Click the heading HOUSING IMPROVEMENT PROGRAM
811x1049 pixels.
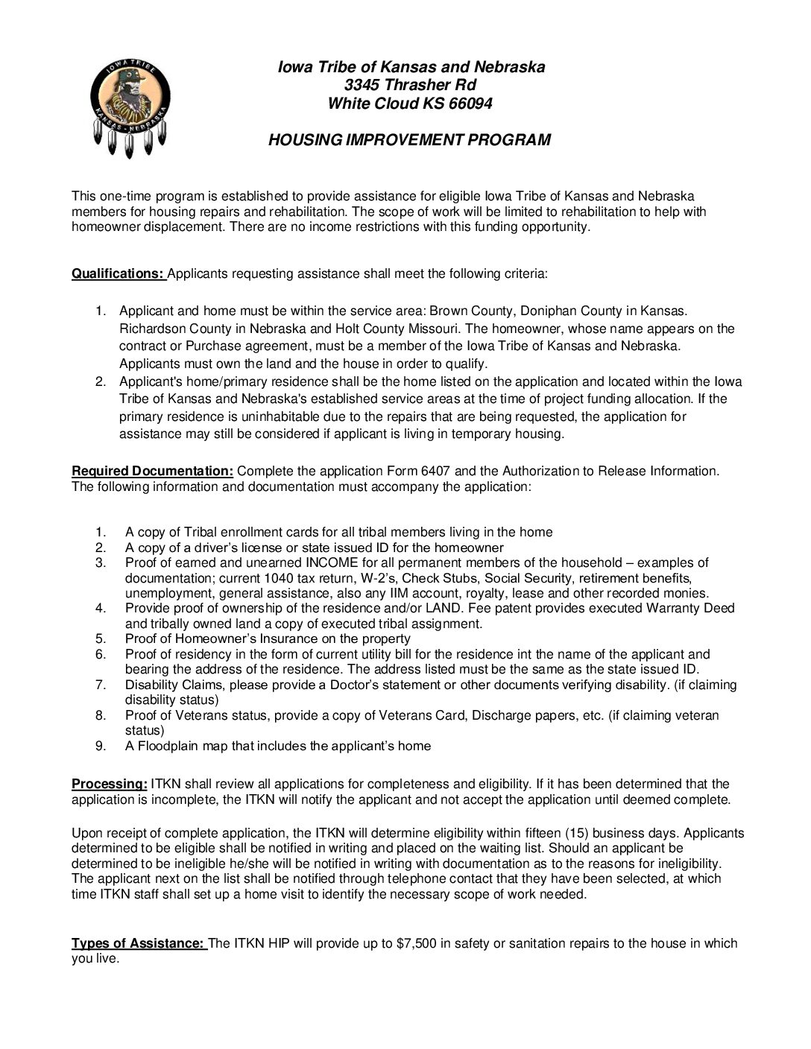tap(409, 140)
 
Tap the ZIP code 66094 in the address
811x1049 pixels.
tap(470, 104)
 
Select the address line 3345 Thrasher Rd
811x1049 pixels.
tap(410, 85)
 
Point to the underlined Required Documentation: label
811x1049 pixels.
tap(153, 471)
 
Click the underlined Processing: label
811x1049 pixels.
tap(110, 784)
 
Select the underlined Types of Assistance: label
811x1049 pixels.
tap(138, 943)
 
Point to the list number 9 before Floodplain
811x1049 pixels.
tap(100, 746)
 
